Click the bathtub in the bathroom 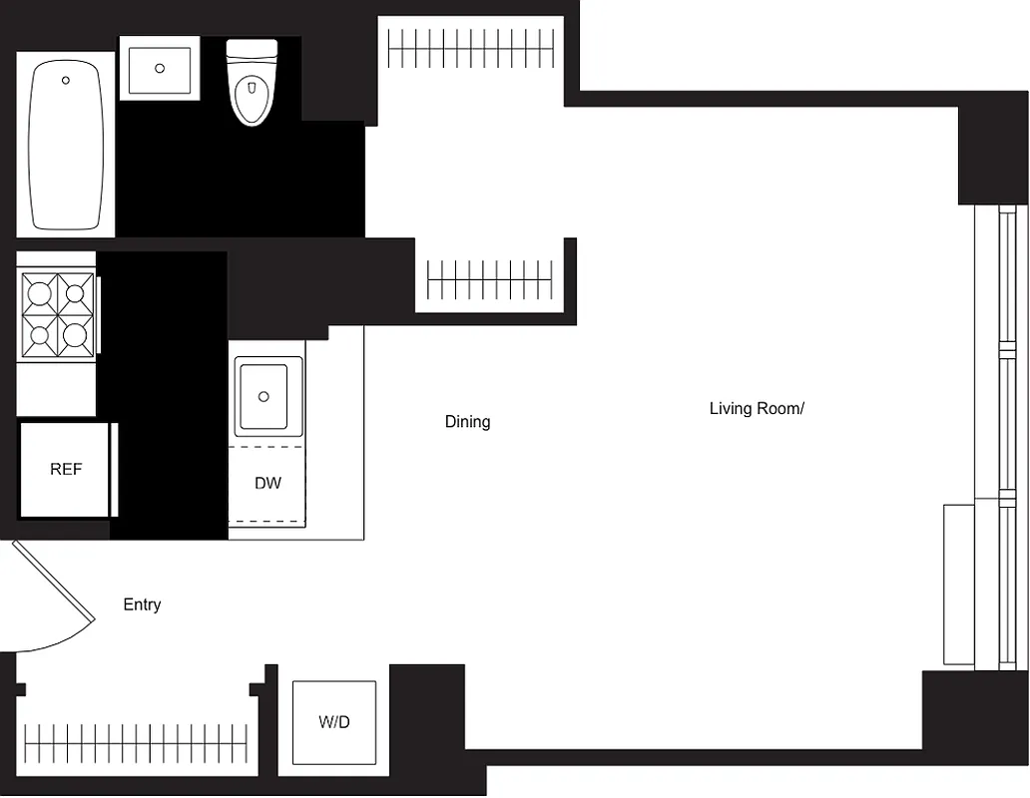[66, 145]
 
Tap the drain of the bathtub [66, 80]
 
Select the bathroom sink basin [160, 68]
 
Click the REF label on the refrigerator [66, 469]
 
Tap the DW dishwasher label [267, 484]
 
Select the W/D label [334, 722]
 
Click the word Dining [467, 422]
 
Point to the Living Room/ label [757, 408]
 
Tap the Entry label [142, 604]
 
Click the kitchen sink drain [264, 397]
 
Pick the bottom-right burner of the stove [75, 334]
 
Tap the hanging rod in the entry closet [135, 742]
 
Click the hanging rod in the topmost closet [469, 47]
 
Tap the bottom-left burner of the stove [40, 334]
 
